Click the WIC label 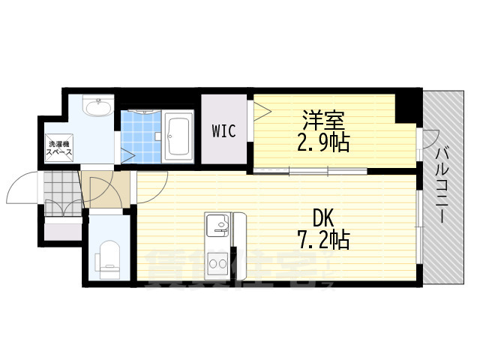click(x=223, y=132)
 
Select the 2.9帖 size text click(x=325, y=142)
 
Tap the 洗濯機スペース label click(x=60, y=147)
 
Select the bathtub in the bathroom click(x=178, y=135)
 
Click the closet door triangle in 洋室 click(x=261, y=113)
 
